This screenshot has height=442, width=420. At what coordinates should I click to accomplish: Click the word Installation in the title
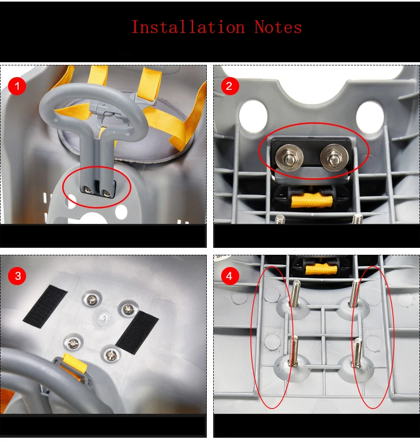point(188,27)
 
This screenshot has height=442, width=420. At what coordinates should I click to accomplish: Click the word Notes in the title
point(278,27)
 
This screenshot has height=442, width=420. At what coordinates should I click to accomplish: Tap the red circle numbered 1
point(17,86)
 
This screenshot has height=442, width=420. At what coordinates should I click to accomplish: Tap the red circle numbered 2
point(230,86)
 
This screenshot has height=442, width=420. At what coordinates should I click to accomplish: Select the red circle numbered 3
point(17,276)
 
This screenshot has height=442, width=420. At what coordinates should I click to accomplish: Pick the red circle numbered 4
point(230,276)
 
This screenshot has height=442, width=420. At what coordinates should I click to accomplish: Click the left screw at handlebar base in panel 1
point(89,190)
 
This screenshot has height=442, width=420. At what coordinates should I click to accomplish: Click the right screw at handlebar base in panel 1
point(106,193)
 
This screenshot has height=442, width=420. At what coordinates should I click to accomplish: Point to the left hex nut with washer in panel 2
point(289,157)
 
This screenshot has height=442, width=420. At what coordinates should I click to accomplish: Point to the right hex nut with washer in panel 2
point(334,157)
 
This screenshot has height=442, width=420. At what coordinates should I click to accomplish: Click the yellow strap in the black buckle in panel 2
point(312,200)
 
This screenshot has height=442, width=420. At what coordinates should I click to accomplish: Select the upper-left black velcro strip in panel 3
point(45,306)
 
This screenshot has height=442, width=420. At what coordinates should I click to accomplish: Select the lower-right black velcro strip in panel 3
point(137,332)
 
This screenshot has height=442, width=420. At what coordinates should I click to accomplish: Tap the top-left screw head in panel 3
point(91,299)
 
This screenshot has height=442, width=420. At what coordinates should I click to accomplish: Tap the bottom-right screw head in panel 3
point(111,355)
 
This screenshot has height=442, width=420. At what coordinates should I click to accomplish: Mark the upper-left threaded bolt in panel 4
point(295,294)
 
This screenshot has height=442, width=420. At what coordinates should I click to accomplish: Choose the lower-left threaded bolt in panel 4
point(293,351)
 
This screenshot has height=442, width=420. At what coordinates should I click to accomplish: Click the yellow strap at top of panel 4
point(321,269)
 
